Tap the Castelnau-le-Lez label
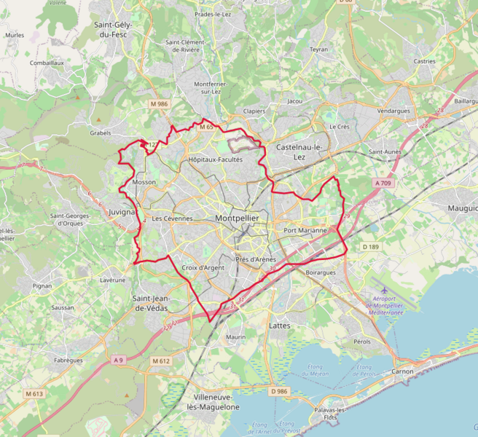[x=299, y=151]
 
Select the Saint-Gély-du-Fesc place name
[x=113, y=28]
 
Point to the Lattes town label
[x=279, y=325]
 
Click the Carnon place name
[x=402, y=371]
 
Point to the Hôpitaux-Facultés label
[x=215, y=159]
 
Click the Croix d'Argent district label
[x=203, y=268]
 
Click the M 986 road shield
[x=159, y=104]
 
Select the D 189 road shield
[x=371, y=247]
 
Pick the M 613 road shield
[x=34, y=394]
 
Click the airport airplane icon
[x=384, y=292]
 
